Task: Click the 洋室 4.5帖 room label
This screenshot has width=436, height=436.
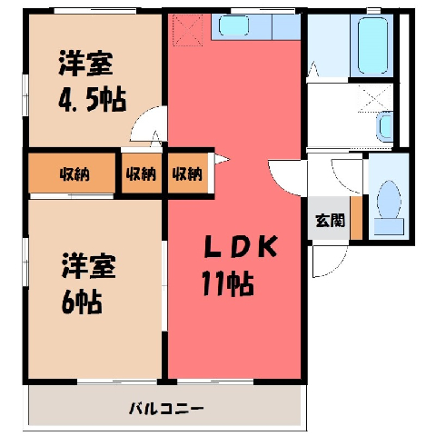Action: coord(92,81)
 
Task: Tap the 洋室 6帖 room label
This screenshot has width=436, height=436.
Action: coord(88,284)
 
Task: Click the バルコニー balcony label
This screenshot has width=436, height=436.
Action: coord(166,409)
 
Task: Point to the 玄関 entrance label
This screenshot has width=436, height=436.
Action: coord(330,220)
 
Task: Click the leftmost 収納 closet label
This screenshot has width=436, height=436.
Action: coord(74,173)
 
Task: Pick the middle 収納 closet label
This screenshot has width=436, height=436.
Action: coord(141,173)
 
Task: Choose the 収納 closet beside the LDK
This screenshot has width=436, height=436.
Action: coord(187,173)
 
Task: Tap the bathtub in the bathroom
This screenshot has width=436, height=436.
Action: coord(372,45)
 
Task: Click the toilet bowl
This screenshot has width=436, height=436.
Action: coord(389,199)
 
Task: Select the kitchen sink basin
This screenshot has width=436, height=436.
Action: coord(233,26)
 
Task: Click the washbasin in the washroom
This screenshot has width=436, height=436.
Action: coord(384,126)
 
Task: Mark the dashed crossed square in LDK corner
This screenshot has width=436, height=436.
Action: coord(187,30)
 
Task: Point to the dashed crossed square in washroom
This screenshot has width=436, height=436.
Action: coord(375,98)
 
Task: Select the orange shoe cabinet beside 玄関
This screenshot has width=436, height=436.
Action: coord(356,218)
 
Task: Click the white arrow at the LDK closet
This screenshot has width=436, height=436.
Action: coord(222,159)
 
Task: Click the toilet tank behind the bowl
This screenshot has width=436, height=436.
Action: coord(389,226)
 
